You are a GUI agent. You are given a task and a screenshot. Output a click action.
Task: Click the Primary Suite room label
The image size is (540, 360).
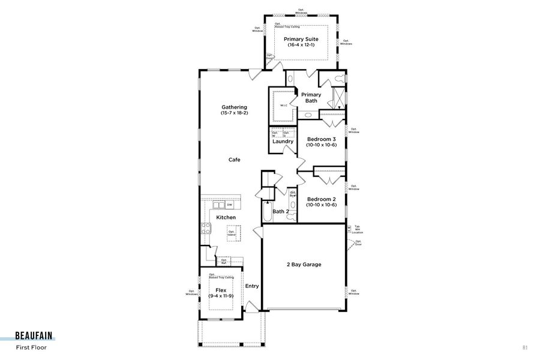coord(301,40)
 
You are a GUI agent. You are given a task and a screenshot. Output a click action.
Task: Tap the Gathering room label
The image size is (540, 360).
coord(234,107)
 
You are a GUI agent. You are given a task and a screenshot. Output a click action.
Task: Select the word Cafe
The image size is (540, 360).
coord(234,160)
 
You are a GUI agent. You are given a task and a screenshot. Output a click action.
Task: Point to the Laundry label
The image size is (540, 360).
coord(283,142)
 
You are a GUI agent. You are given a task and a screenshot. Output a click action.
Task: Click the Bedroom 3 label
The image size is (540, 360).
coord(322,139)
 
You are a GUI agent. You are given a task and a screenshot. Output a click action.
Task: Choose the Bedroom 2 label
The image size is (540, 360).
coord(322,199)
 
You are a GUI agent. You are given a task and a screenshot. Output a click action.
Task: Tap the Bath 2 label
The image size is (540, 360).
coord(281,211)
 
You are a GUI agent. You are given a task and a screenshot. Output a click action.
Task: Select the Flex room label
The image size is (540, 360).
coord(221,290)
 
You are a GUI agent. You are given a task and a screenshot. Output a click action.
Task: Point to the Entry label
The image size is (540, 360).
coord(252,286)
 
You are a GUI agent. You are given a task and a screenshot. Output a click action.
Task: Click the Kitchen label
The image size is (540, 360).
coord(226,217)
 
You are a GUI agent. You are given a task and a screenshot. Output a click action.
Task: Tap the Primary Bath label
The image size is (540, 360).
coord(311,95)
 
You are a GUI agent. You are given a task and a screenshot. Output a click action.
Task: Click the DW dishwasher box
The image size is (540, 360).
coord(229,205)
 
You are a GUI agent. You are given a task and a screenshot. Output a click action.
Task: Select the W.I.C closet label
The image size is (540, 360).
coord(284,106)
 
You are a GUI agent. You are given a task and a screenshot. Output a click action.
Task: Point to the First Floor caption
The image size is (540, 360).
coord(31,347)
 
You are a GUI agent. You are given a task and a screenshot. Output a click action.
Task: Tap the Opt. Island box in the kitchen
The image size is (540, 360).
coord(231,233)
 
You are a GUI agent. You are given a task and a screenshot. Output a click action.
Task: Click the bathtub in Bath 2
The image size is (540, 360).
coord(266,214)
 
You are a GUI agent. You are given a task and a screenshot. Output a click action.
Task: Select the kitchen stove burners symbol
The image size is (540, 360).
coord(205,227)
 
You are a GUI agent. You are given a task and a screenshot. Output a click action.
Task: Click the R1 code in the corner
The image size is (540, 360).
coord(524,347)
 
